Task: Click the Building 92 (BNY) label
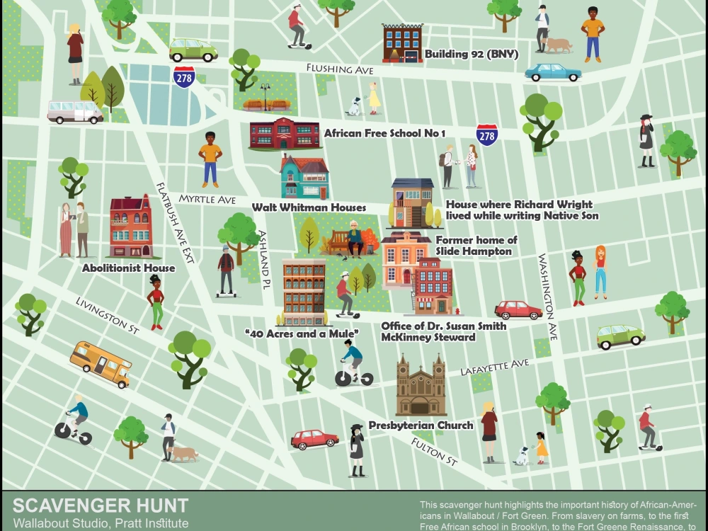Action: point(472,54)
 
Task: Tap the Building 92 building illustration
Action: point(402,43)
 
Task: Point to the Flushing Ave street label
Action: point(339,69)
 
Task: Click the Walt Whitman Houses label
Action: point(309,207)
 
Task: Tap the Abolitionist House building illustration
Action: point(131,226)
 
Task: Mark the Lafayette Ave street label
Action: point(494,367)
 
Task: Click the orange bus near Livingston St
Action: point(101,363)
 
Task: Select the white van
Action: point(74,111)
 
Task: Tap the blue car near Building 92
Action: point(553,72)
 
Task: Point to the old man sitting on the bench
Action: point(354,238)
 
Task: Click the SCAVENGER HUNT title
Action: point(101,506)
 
